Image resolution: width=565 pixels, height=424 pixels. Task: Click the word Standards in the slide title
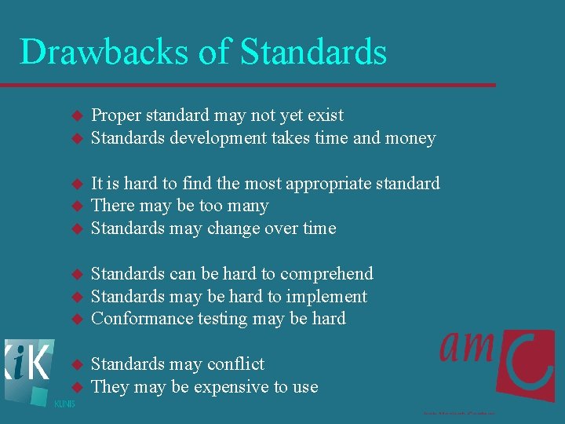pos(314,52)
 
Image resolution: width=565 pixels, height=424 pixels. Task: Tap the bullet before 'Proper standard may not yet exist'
pos(76,115)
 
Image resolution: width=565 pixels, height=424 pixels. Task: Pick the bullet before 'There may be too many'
pos(76,207)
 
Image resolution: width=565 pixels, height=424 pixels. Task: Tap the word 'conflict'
pos(233,364)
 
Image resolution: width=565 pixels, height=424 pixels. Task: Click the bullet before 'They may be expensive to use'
pos(76,388)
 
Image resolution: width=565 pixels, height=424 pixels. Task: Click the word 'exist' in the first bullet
pos(325,115)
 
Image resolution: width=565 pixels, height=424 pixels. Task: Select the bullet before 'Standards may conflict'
pos(76,365)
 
